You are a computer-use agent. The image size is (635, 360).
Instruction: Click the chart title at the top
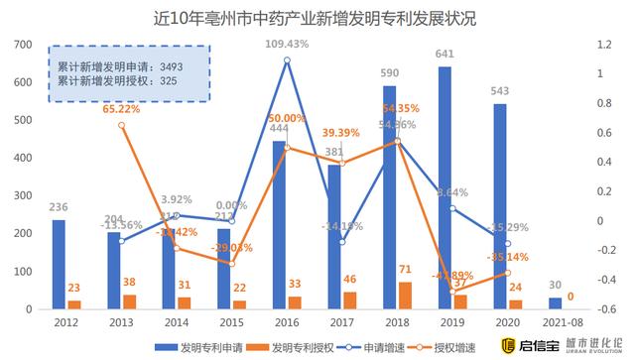(317, 19)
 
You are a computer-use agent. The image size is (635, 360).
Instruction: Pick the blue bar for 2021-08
(554, 302)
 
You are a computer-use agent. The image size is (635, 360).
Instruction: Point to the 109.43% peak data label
(287, 43)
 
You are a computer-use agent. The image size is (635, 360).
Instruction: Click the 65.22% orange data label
(121, 109)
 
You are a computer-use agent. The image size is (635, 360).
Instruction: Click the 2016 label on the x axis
(287, 322)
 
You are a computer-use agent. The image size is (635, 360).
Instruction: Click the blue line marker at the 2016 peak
(287, 60)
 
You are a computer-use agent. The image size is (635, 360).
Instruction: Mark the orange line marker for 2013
(121, 125)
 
